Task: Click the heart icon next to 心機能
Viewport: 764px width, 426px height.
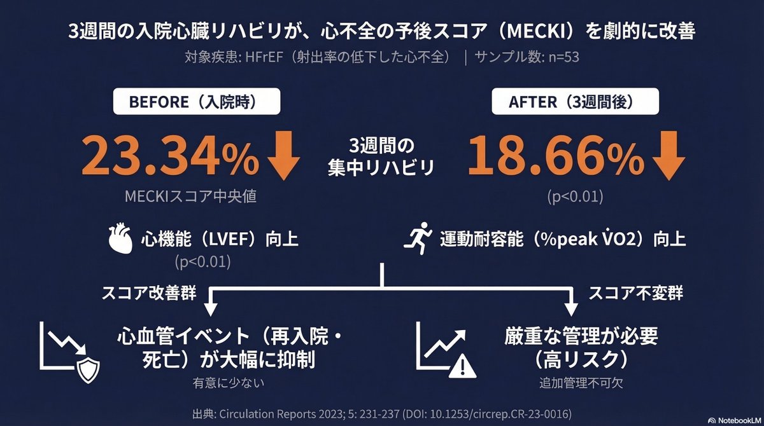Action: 122,240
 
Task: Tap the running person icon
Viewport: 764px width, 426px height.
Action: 418,240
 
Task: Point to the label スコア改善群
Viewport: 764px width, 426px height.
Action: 149,294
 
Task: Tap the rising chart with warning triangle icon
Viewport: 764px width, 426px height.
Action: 448,352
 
